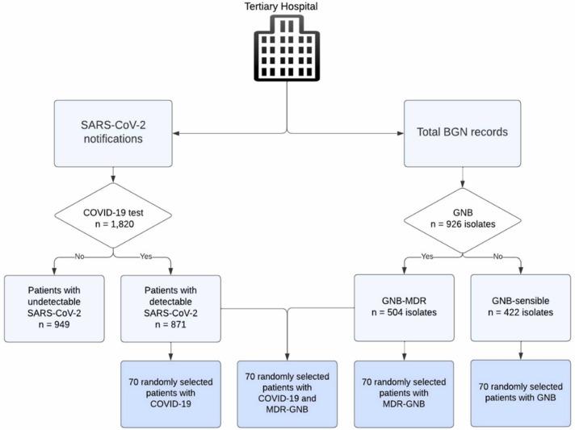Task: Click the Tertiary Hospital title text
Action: [x=287, y=6]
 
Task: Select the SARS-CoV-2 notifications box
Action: [x=114, y=131]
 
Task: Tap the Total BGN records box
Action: [x=461, y=131]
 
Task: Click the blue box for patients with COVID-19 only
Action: [x=172, y=394]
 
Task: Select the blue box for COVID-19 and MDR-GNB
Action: [x=287, y=394]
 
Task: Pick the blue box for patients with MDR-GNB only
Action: [x=403, y=394]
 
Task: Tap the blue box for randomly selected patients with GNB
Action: [x=519, y=394]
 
